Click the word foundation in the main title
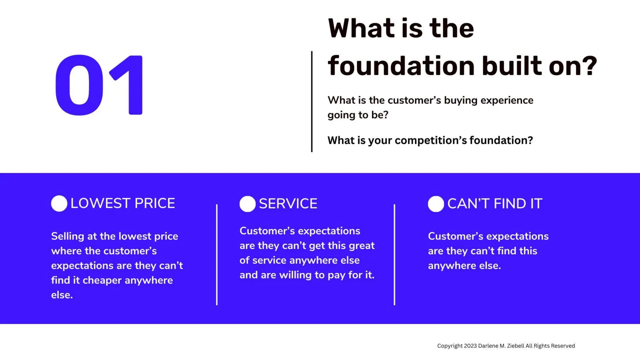tap(401, 66)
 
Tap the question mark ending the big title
tap(590, 66)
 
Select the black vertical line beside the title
tap(312, 101)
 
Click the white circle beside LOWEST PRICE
tap(59, 203)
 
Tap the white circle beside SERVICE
tap(247, 204)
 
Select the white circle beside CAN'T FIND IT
tap(436, 204)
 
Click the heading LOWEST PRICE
tap(122, 203)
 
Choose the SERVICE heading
tap(288, 204)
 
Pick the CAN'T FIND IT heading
tap(495, 204)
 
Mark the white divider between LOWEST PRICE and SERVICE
tap(217, 254)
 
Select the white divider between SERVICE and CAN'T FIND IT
tap(394, 254)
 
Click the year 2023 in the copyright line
tap(470, 346)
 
